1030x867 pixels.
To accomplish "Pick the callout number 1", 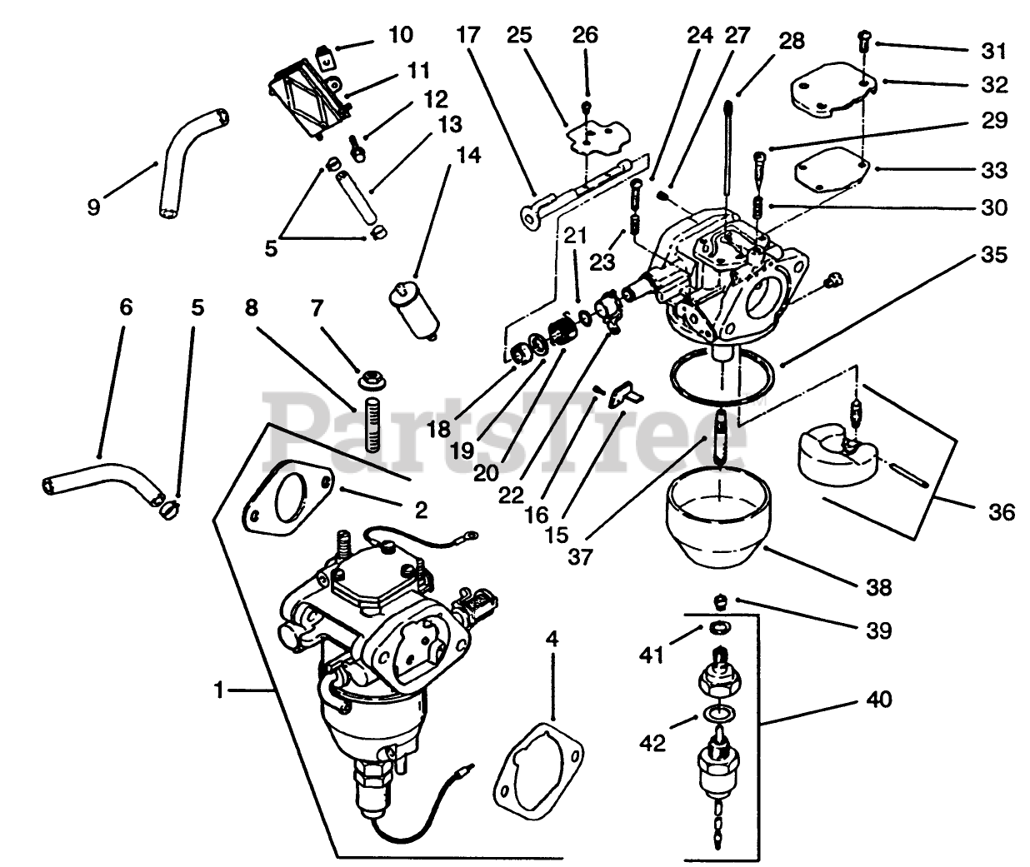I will pyautogui.click(x=219, y=690).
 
